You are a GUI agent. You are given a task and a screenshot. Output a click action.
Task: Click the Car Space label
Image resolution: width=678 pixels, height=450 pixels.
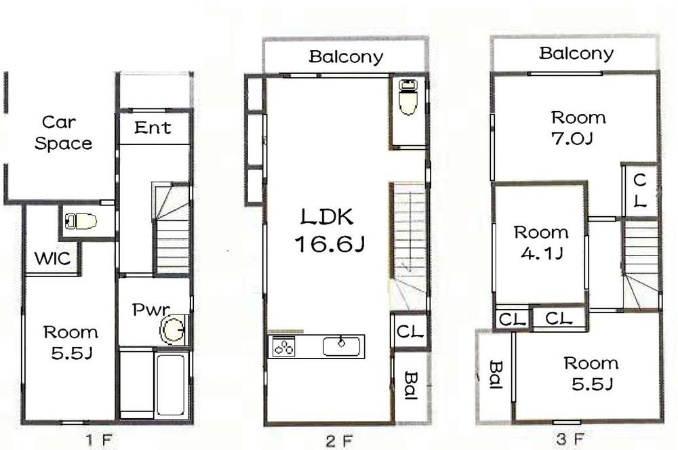coord(64,133)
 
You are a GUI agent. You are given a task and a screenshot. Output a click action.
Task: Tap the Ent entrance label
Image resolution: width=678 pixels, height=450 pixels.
coord(153,127)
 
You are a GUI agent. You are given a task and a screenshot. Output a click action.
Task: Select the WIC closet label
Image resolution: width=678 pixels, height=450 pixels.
coord(52,258)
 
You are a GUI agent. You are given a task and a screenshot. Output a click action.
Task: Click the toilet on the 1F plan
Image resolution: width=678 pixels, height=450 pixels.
coord(81,220)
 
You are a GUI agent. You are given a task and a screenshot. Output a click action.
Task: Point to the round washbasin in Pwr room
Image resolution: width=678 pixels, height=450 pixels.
coord(172,331)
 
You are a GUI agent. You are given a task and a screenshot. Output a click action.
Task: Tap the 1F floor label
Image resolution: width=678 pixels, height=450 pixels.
coord(98,440)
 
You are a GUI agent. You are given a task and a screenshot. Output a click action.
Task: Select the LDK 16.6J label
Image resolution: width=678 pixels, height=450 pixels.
coord(329,231)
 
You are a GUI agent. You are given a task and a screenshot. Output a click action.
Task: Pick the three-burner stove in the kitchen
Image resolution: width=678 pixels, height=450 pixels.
coord(284,347)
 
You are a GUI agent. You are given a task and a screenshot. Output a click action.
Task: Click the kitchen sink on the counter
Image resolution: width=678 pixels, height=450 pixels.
coord(340,346)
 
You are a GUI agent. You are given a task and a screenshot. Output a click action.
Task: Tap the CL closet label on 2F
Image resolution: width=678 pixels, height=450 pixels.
coord(410,332)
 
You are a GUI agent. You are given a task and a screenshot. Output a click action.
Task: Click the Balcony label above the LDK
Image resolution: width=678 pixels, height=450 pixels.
coord(346,57)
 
